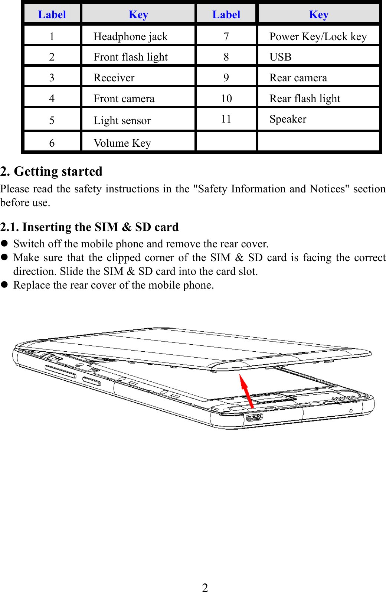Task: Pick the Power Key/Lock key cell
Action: click(x=318, y=36)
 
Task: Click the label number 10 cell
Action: click(x=226, y=98)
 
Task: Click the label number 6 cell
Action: click(x=52, y=143)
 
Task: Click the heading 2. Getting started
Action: click(x=51, y=171)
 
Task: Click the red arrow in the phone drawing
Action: click(x=246, y=391)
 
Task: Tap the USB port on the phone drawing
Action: click(x=254, y=417)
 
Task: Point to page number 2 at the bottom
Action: click(x=205, y=587)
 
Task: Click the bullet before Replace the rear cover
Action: click(x=4, y=284)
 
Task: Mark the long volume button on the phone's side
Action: click(x=60, y=371)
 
